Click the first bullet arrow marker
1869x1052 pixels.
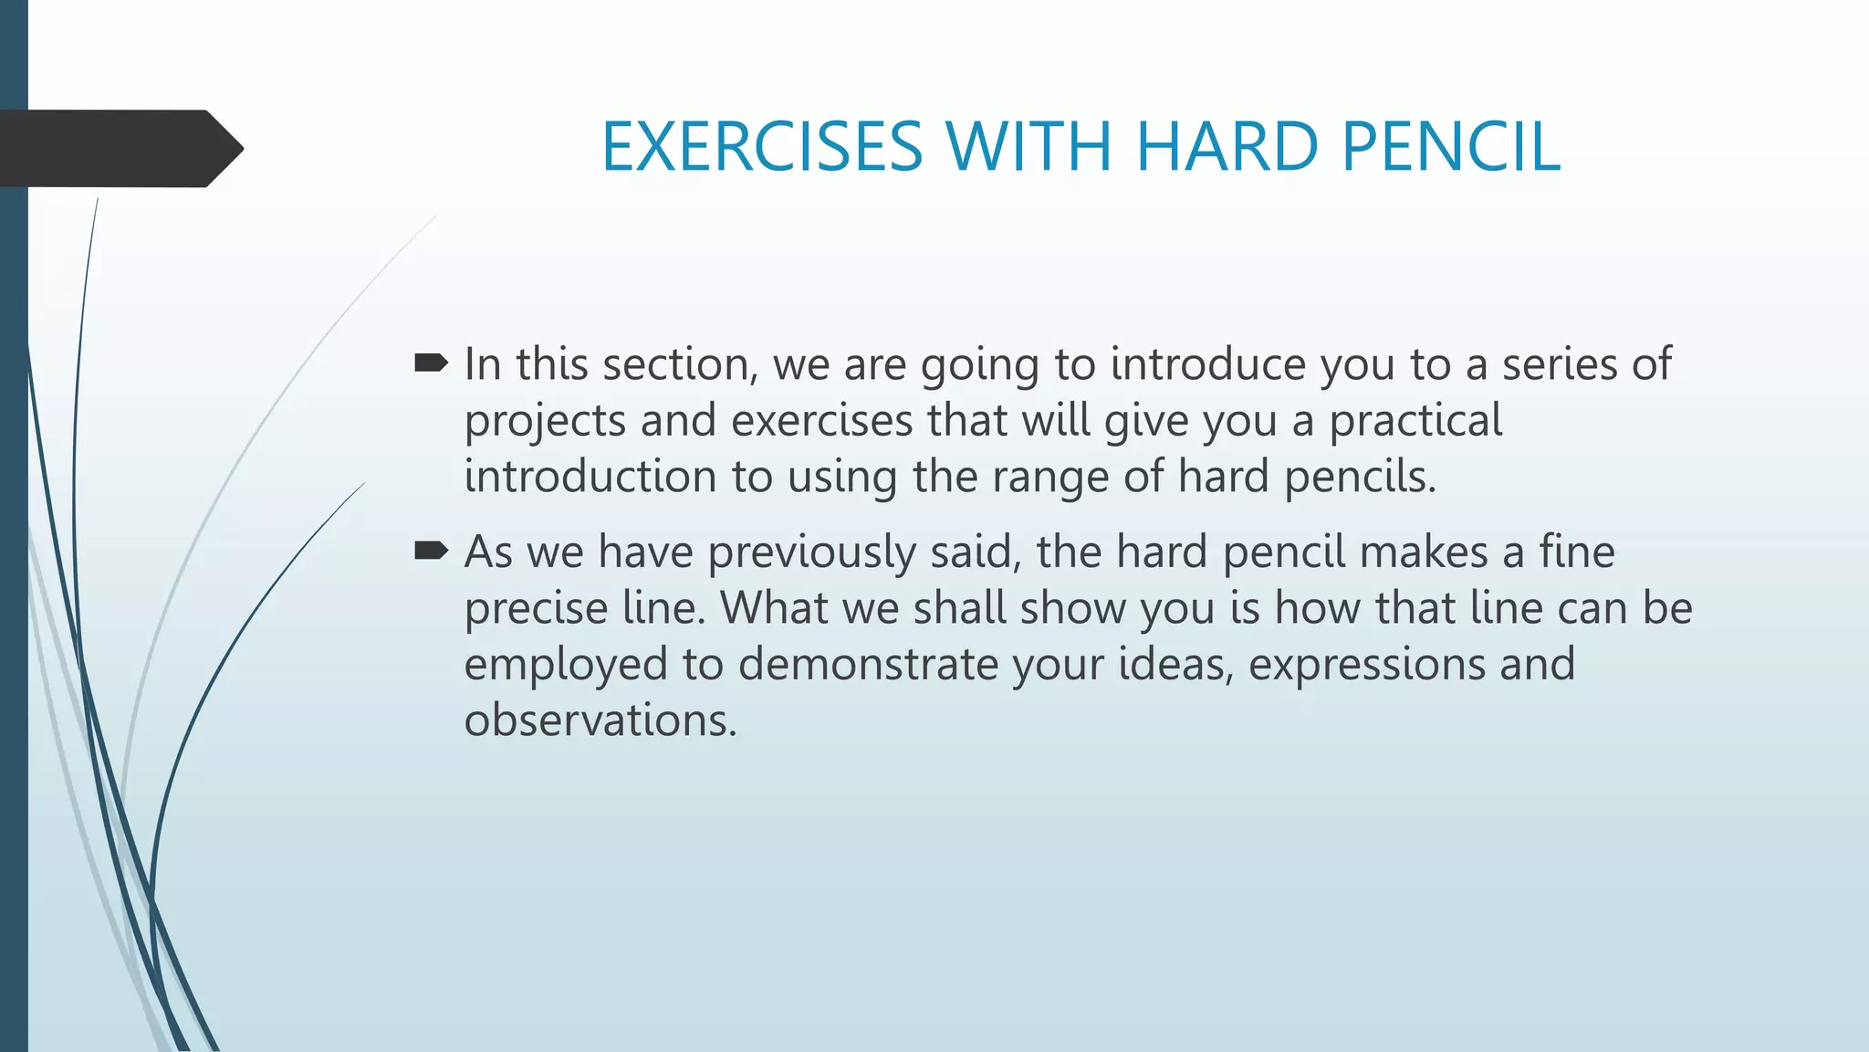point(431,364)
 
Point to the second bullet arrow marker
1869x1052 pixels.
point(431,551)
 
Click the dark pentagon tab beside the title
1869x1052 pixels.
point(119,149)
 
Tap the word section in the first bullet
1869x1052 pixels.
point(681,364)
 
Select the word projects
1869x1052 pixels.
point(545,422)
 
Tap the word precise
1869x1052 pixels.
point(536,608)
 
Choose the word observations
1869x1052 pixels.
point(600,721)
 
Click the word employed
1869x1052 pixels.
point(566,666)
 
